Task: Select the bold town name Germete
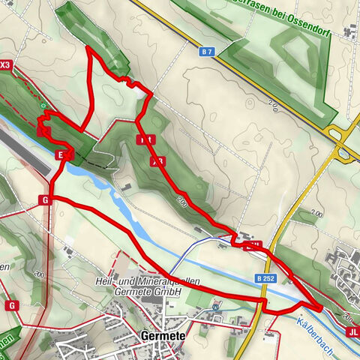163,336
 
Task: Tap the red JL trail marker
352,331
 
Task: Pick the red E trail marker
60,154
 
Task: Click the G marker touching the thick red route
45,199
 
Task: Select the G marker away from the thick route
12,305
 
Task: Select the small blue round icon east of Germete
216,306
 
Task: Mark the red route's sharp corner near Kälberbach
321,307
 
